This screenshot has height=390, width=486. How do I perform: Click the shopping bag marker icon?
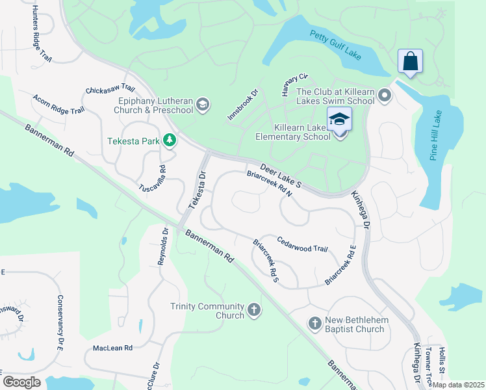[410, 62]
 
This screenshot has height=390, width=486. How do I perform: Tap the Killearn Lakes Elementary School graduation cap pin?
[339, 121]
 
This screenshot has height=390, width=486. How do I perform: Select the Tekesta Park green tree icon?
[169, 140]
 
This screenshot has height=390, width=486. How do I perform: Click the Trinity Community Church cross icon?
[254, 311]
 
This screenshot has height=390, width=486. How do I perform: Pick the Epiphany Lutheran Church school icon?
[203, 105]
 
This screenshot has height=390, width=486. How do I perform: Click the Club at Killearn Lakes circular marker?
[385, 97]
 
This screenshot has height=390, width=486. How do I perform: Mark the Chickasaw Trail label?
[110, 89]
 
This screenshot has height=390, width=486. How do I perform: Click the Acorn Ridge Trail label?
[58, 105]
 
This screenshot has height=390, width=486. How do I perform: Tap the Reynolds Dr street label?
[162, 247]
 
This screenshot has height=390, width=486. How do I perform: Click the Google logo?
[22, 382]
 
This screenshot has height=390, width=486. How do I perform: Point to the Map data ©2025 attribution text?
[458, 385]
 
